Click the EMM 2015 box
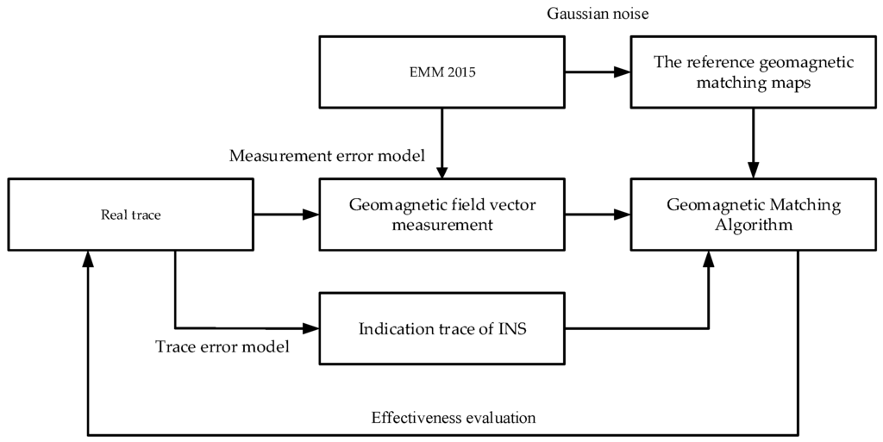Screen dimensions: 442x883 (442, 72)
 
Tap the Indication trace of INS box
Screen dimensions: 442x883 (442, 328)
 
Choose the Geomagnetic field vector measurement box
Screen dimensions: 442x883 (442, 215)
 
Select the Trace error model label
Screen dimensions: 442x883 (222, 348)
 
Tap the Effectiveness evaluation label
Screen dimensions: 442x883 (454, 418)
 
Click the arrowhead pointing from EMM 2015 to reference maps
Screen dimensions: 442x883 (623, 73)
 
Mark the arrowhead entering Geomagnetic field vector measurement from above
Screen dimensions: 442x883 (442, 172)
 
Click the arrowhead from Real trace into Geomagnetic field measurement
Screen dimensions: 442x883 (311, 215)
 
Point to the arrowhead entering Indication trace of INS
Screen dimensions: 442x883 (311, 328)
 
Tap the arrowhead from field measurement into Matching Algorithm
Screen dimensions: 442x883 (623, 215)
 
